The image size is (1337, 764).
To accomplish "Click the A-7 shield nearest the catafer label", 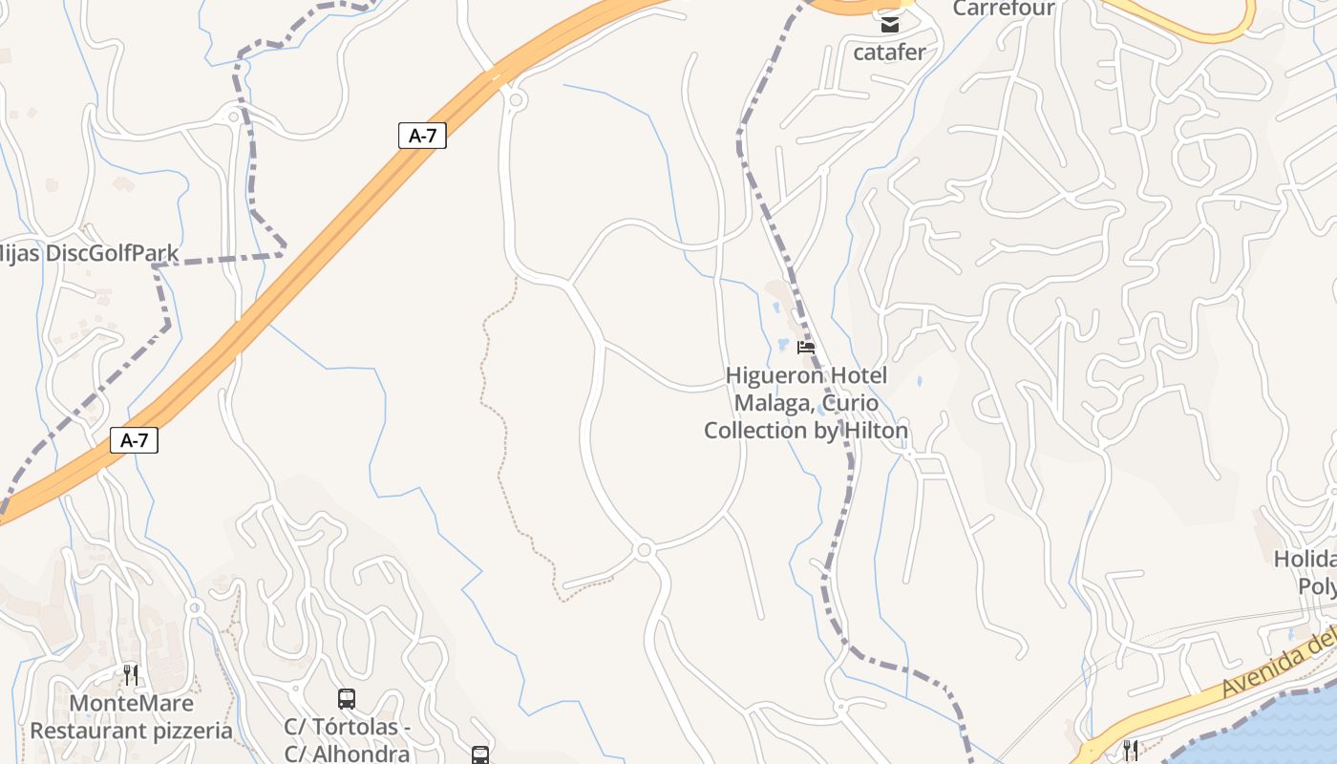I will (422, 136).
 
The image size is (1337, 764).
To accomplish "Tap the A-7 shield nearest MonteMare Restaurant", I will (134, 440).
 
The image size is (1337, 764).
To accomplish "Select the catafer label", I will (889, 52).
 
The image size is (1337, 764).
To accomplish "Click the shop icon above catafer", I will (890, 24).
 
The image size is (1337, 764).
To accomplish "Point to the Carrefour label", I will (1004, 9).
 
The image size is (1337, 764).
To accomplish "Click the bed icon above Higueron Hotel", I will (806, 348).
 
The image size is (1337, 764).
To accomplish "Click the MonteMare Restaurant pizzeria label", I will (131, 717).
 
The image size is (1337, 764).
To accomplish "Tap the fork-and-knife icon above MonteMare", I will (131, 675).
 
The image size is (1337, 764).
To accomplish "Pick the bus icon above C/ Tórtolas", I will (347, 699).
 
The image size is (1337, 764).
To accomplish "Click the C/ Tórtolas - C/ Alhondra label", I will (348, 740).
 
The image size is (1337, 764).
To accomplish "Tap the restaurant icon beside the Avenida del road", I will (1130, 750).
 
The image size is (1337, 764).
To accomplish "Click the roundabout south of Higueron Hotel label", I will (644, 550).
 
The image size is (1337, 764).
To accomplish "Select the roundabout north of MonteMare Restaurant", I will (195, 607).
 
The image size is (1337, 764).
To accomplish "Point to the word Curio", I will (850, 403).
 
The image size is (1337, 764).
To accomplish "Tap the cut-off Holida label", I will (1305, 558).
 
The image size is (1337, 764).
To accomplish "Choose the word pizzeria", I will (186, 732).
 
